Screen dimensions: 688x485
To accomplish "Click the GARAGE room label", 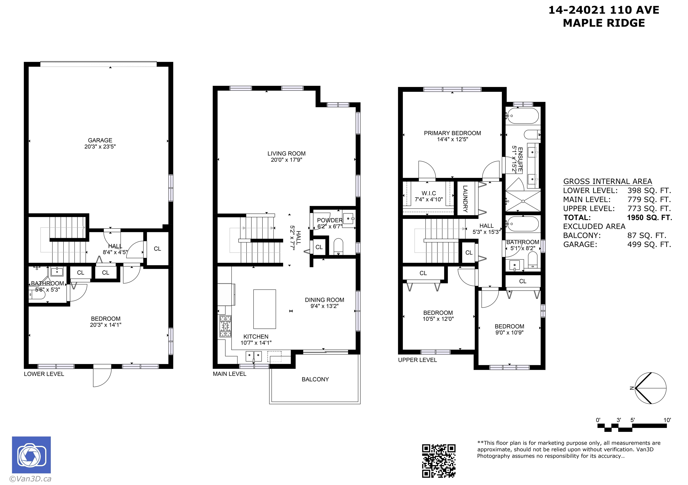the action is pyautogui.click(x=100, y=140).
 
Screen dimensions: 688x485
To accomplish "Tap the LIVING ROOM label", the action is pyautogui.click(x=286, y=153).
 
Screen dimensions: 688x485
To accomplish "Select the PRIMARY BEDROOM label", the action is pyautogui.click(x=452, y=133).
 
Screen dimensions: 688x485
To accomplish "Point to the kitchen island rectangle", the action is pyautogui.click(x=264, y=309).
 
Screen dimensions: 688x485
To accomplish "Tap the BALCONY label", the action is pyautogui.click(x=315, y=379).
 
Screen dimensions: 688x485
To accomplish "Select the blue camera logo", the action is pyautogui.click(x=31, y=455).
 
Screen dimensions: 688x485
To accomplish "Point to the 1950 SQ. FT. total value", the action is pyautogui.click(x=650, y=218).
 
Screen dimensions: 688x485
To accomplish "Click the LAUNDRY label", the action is pyautogui.click(x=465, y=199).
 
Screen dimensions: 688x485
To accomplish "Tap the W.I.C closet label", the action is pyautogui.click(x=429, y=193).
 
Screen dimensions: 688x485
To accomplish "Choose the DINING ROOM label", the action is pyautogui.click(x=325, y=300).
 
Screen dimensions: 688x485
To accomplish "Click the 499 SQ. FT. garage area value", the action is pyautogui.click(x=649, y=245).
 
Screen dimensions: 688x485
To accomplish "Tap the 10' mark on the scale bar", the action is pyautogui.click(x=667, y=420).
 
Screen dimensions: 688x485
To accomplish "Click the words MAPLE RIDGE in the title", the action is pyautogui.click(x=604, y=23).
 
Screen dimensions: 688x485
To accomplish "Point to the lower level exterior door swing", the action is pyautogui.click(x=102, y=377).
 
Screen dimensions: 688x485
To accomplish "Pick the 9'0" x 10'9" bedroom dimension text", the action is pyautogui.click(x=510, y=332).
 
